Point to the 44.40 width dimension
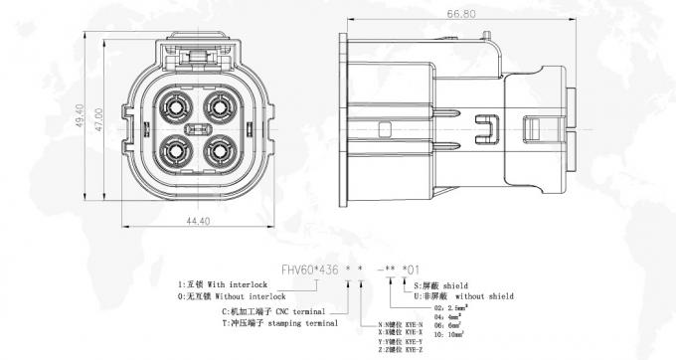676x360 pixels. (x=198, y=222)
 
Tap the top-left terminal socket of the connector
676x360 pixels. (x=178, y=106)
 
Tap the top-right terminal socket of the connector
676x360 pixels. (x=217, y=106)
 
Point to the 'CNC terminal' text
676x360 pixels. (x=302, y=310)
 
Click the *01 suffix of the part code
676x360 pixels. (x=413, y=269)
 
